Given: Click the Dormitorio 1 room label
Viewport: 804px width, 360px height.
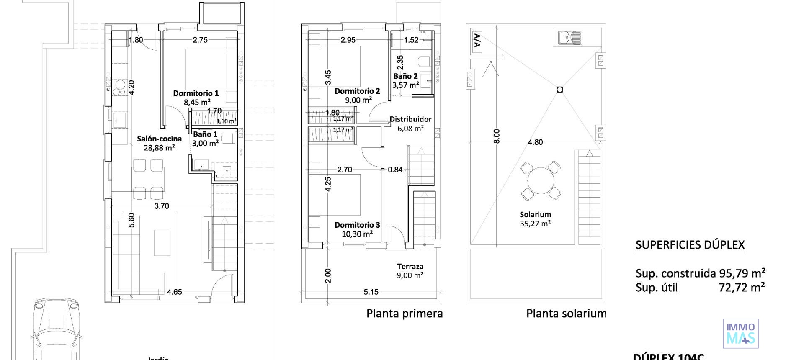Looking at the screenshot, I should coord(196,93).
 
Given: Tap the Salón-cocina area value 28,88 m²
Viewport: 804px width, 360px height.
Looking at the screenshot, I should coord(159,148).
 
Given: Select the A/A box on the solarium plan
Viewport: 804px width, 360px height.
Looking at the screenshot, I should coord(477,42).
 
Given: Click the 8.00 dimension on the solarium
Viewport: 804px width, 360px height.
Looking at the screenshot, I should coord(497,136).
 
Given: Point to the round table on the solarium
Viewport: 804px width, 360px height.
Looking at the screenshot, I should coord(541,181).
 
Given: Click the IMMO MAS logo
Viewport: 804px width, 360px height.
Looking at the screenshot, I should coord(740,334).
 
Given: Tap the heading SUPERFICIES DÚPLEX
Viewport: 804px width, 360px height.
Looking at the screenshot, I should coord(690,245).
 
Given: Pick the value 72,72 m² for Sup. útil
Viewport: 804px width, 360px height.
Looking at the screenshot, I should coord(741,287).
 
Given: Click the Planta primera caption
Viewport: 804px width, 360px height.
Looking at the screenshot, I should coord(405,314).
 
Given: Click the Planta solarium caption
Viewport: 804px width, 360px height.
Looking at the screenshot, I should coord(566,314).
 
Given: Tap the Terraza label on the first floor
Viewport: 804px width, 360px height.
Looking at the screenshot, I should coord(410,266).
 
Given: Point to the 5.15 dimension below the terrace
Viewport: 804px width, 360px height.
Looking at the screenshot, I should coord(371,292).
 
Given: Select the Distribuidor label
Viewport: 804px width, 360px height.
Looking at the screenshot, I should coord(410,119).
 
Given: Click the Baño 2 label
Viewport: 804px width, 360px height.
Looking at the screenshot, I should coord(405,76).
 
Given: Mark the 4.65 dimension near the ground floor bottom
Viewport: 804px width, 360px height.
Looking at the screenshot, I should coord(174,292).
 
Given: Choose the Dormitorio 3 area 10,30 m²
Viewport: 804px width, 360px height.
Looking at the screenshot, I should coord(357,234).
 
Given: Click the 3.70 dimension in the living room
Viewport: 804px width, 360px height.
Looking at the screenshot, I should coord(162,206).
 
